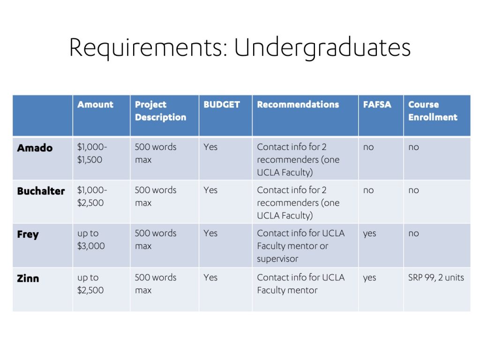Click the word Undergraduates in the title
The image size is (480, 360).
(x=322, y=48)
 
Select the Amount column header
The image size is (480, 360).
(x=95, y=105)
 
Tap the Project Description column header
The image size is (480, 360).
(x=160, y=111)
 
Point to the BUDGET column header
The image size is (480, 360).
(x=222, y=105)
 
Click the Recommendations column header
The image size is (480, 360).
(x=298, y=105)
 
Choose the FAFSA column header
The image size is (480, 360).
(x=377, y=105)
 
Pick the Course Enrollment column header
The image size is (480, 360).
(x=433, y=111)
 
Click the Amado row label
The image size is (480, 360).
(x=35, y=148)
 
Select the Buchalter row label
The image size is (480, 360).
(x=41, y=191)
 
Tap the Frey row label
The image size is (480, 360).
(x=28, y=234)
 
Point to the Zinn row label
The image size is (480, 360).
(x=28, y=278)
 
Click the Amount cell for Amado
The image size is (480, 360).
(x=92, y=153)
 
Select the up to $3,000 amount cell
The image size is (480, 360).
(x=91, y=240)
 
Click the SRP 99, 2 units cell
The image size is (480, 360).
(x=436, y=277)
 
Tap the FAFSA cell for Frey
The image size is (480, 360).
(x=369, y=233)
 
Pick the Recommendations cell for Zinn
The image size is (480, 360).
(x=300, y=284)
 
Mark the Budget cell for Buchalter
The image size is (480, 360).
(x=210, y=190)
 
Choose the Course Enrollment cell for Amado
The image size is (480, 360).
(x=413, y=147)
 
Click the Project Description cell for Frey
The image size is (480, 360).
(x=156, y=240)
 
